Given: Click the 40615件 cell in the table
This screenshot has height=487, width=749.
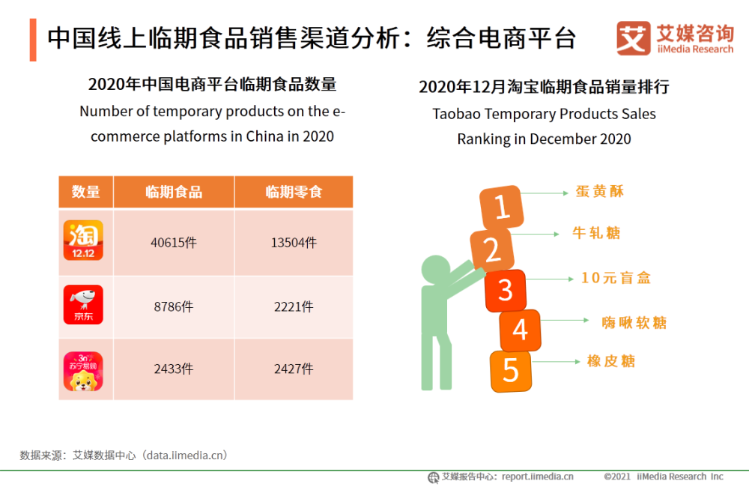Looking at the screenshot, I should pyautogui.click(x=174, y=243).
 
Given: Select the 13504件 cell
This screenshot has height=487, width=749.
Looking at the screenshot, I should pyautogui.click(x=294, y=243).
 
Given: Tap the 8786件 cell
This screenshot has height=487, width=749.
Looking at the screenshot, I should pyautogui.click(x=174, y=306).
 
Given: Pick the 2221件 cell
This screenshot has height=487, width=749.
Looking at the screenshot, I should pyautogui.click(x=294, y=306).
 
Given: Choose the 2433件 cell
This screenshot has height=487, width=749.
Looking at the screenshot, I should pyautogui.click(x=174, y=369).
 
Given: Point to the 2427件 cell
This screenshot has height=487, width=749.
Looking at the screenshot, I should pyautogui.click(x=294, y=369).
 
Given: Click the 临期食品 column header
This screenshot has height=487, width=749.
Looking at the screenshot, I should pyautogui.click(x=174, y=192).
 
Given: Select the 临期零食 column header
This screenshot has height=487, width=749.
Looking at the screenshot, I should pyautogui.click(x=294, y=192).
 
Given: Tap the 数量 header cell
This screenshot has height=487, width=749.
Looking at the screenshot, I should pyautogui.click(x=85, y=192).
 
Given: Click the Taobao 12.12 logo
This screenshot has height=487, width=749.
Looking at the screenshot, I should pyautogui.click(x=83, y=241).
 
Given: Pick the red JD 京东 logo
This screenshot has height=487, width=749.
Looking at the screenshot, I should pyautogui.click(x=83, y=304).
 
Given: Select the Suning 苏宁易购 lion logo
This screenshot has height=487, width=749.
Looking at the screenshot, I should pyautogui.click(x=83, y=371).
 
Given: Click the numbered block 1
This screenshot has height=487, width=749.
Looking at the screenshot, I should pyautogui.click(x=500, y=207).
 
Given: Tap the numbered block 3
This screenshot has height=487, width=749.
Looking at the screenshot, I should pyautogui.click(x=506, y=290).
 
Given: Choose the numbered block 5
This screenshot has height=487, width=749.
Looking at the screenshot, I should pyautogui.click(x=511, y=371).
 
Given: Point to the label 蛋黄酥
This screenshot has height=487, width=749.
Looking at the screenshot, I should pyautogui.click(x=600, y=192).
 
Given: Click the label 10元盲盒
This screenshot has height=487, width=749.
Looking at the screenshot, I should pyautogui.click(x=616, y=278).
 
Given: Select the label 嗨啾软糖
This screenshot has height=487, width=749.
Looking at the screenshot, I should pyautogui.click(x=634, y=323).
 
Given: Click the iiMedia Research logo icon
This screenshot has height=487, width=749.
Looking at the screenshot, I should pyautogui.click(x=633, y=38).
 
